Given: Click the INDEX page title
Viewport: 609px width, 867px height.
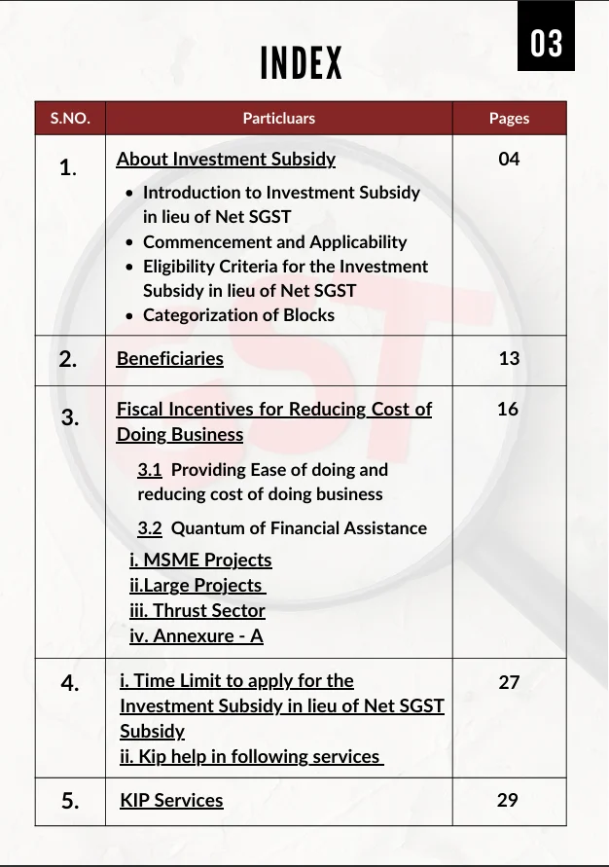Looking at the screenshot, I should pos(302,64).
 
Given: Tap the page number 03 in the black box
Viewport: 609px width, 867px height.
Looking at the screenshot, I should pos(546,44).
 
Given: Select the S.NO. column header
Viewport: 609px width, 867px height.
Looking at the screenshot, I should pos(70,119).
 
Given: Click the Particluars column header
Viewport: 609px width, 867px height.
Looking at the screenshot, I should pos(278,119).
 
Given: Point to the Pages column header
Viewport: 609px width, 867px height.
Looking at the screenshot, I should pos(509,119).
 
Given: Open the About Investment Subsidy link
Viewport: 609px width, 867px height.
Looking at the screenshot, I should pos(226,159).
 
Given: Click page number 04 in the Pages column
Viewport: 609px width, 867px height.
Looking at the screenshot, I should pos(509,159).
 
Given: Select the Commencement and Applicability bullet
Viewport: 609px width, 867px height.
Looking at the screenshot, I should pos(274,242).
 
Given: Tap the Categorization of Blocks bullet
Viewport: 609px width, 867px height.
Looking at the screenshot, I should pos(238,315).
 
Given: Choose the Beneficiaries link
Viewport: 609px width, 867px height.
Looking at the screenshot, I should pos(170,358).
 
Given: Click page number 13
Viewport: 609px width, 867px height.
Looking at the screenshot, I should pos(509,358).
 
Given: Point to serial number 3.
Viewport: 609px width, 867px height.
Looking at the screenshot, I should pos(70,417).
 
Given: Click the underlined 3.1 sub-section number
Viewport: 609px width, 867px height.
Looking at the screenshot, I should pos(150,470).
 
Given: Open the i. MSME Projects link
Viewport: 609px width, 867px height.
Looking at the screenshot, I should pos(200,560).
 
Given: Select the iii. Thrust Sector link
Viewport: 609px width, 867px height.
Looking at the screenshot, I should pos(197,611).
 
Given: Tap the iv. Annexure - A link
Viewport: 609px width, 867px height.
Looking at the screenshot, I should pos(197,636).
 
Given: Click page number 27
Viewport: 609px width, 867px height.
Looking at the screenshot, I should pos(509,682).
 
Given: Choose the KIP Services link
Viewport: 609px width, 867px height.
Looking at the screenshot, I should pos(172,800).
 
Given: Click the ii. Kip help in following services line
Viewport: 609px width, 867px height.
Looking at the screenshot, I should pos(251,756).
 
